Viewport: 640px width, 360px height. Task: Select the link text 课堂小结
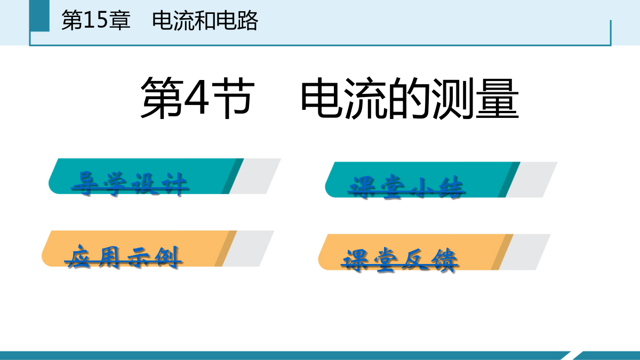[x=406, y=187]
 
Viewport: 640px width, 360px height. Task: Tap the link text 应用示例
[x=123, y=257]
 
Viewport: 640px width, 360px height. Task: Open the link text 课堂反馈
[x=399, y=260]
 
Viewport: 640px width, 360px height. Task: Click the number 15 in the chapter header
[x=96, y=20]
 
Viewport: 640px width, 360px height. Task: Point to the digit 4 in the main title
[x=197, y=99]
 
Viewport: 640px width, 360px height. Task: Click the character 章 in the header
[x=119, y=20]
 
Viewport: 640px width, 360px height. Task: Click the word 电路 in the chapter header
[x=237, y=21]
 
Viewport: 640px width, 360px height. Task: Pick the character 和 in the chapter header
[x=205, y=21]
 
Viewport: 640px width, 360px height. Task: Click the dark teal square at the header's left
[x=40, y=15]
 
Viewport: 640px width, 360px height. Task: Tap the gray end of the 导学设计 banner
[x=255, y=177]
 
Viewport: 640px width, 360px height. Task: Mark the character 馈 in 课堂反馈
[x=444, y=260]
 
